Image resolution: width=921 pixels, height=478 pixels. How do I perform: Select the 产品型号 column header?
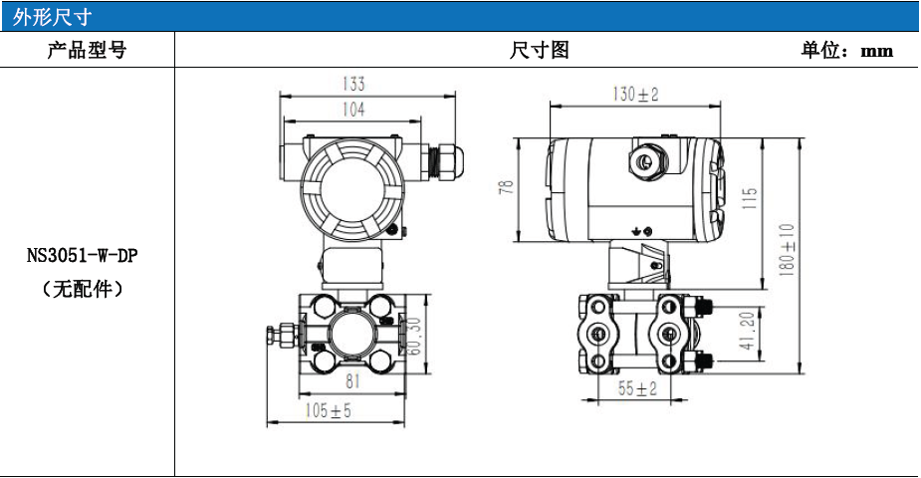tap(87, 50)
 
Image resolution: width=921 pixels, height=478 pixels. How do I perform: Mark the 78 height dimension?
tap(506, 187)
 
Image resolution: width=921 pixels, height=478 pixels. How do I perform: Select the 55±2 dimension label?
tap(637, 388)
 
